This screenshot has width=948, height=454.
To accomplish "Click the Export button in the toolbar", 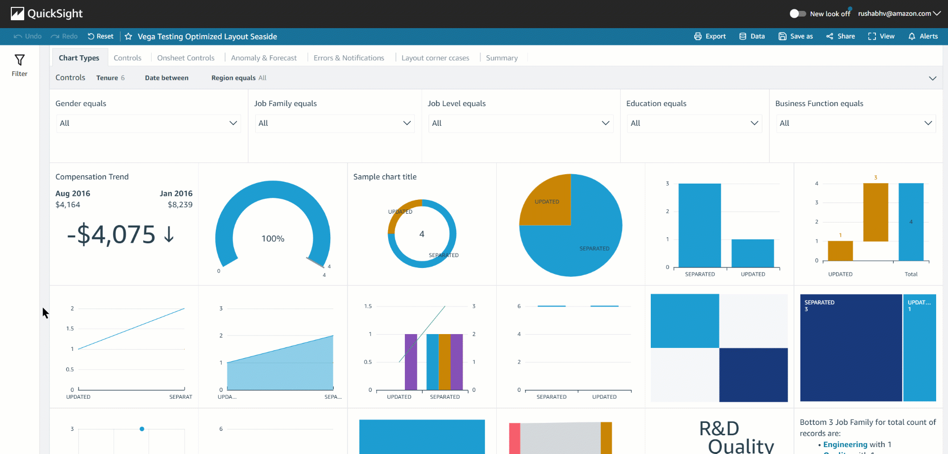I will [x=710, y=36].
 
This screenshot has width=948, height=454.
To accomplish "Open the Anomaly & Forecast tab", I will [x=264, y=58].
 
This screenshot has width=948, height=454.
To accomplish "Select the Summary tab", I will [x=502, y=58].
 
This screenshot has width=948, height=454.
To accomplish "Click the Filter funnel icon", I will [x=19, y=61].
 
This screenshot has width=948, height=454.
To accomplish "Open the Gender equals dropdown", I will [x=148, y=123].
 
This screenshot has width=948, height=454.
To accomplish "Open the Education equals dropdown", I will [x=694, y=123].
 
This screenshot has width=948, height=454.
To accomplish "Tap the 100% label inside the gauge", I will [x=273, y=239].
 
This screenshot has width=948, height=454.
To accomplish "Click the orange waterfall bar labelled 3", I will [x=875, y=212].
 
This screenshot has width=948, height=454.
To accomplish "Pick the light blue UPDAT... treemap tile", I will [x=919, y=350].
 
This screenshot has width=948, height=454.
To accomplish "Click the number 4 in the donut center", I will [x=422, y=234].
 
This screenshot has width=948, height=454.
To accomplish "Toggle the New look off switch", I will [x=797, y=14].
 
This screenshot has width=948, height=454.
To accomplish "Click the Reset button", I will [x=101, y=36].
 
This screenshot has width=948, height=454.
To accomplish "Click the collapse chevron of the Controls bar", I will [x=932, y=78].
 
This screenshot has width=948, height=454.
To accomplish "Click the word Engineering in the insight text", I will [x=845, y=445].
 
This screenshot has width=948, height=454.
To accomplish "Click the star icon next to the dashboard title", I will [x=128, y=37].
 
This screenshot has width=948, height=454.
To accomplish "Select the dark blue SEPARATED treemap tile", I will [x=850, y=350].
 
